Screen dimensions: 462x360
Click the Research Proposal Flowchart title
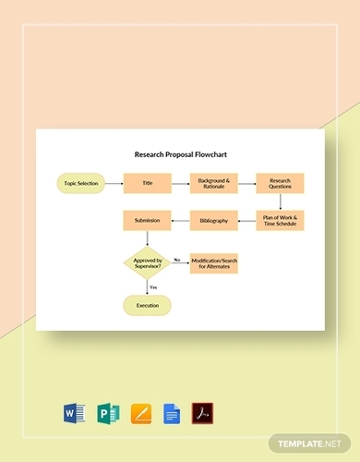click(180, 157)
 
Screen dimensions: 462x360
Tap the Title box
click(146, 183)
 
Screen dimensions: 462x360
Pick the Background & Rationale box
click(212, 183)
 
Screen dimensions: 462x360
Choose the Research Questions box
click(280, 183)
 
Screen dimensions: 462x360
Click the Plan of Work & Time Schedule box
click(280, 222)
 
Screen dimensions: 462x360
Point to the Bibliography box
click(212, 222)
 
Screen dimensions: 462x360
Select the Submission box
click(146, 222)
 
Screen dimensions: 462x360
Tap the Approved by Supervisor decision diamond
click(146, 262)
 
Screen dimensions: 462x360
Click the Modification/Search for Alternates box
click(212, 262)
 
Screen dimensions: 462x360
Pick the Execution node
click(146, 305)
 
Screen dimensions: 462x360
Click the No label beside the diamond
click(177, 259)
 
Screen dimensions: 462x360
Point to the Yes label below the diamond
click(153, 286)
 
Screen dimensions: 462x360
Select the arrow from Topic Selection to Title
click(112, 183)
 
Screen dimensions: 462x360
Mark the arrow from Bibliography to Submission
click(179, 222)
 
